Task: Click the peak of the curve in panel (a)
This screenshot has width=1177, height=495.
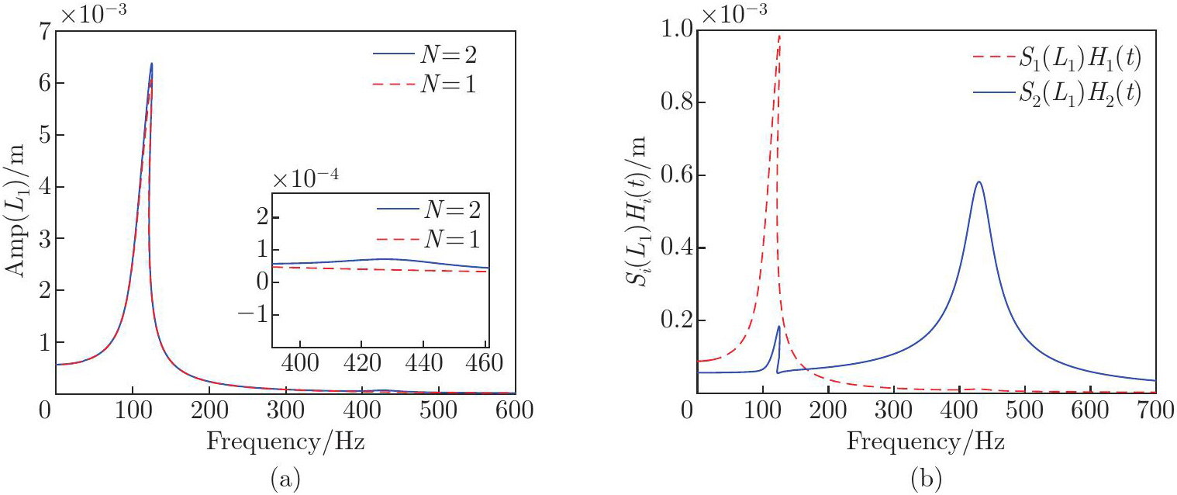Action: pyautogui.click(x=151, y=64)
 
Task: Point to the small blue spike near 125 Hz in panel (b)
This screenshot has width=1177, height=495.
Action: pyautogui.click(x=778, y=327)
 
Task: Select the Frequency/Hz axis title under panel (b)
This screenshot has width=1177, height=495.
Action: pyautogui.click(x=926, y=443)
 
